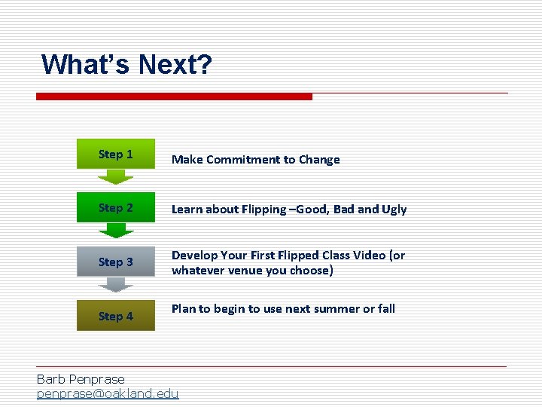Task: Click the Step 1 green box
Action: point(116,155)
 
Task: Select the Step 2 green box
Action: point(116,208)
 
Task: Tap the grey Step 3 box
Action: point(116,262)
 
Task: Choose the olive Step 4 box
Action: point(116,316)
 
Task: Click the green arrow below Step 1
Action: point(115,178)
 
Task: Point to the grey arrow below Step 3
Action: point(115,285)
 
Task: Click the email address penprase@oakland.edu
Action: point(108,393)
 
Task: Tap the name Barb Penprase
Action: point(81,379)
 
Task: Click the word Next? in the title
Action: point(175,65)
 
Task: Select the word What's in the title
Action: point(85,65)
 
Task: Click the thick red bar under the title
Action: point(174,96)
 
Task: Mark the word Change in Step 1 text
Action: point(319,160)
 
